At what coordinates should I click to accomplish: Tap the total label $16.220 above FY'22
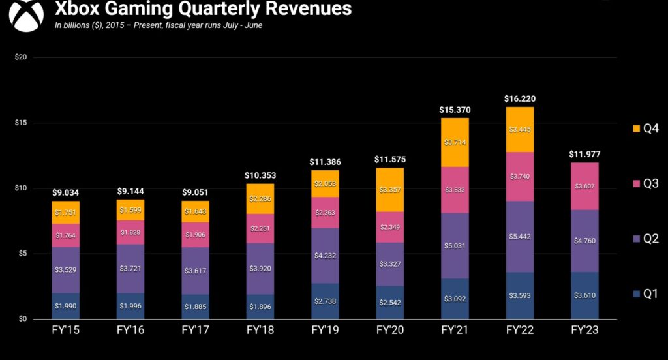coord(519,99)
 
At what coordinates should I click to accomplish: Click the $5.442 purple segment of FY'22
coord(519,236)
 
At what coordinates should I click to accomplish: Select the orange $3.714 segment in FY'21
coord(455,142)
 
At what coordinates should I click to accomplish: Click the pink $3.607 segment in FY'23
coord(584,186)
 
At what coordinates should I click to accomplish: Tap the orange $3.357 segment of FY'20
coord(390,190)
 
